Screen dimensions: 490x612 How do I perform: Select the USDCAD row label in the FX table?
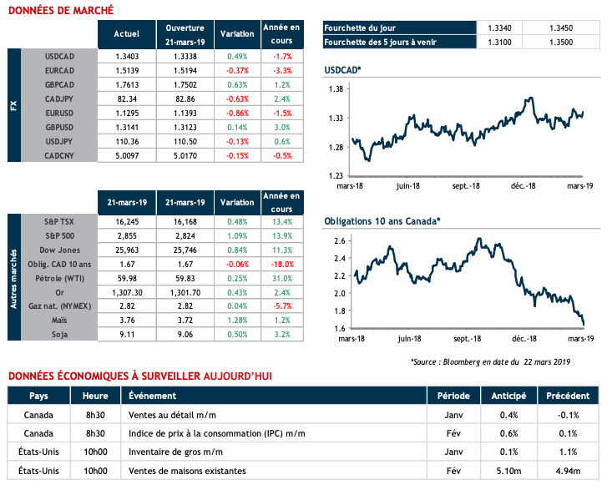point(63,55)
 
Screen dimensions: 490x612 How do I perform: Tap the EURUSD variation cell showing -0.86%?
point(236,113)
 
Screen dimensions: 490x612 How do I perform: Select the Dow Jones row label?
point(62,249)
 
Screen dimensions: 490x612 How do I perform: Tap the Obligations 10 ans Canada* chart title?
point(381,221)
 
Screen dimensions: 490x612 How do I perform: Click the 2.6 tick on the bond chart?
point(339,240)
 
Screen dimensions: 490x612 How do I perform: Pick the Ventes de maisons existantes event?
point(186,471)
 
